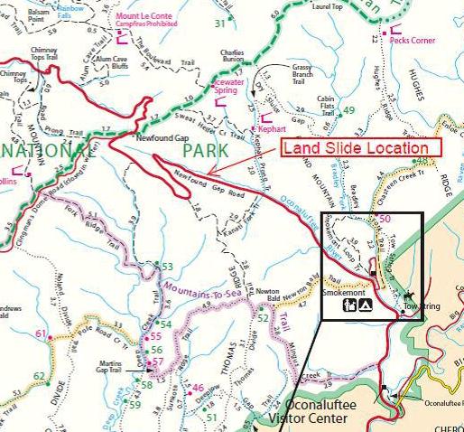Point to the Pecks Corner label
pos(415,40)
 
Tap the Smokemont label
pos(345,293)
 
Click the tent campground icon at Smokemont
pos(365,306)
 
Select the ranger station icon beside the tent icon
pos(348,306)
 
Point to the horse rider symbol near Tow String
pos(407,296)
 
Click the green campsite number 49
pos(349,110)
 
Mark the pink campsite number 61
pos(41,334)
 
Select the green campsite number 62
pos(38,376)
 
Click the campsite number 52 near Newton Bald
pos(263,318)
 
